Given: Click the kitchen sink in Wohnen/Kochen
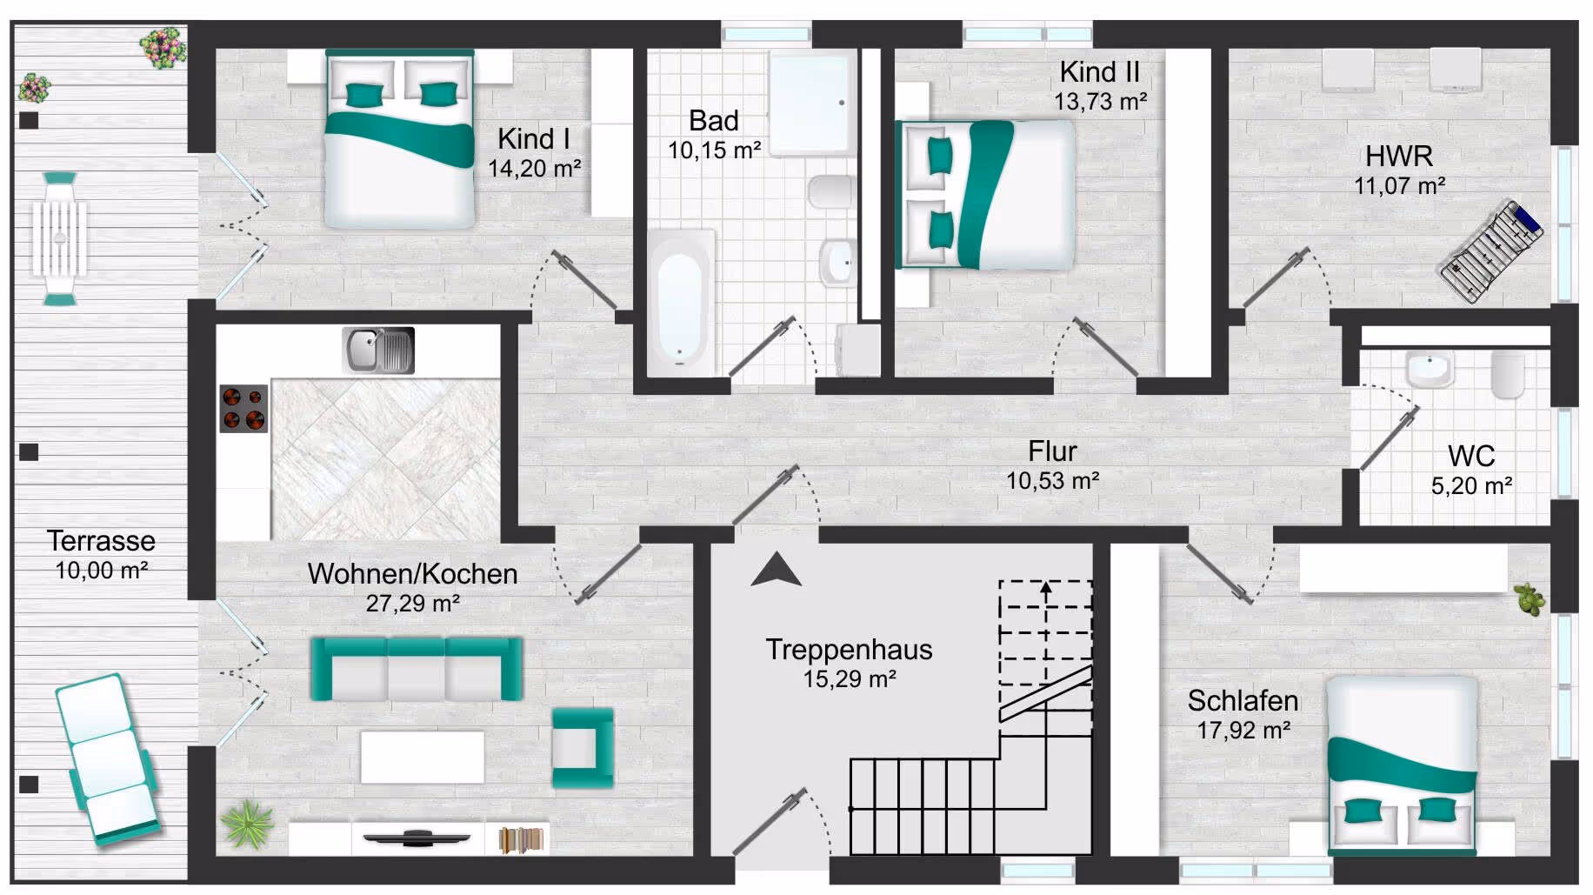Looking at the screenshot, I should (378, 351).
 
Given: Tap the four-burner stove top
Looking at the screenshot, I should (243, 409).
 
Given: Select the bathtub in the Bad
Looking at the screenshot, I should (681, 303).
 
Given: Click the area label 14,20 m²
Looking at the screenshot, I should (534, 169).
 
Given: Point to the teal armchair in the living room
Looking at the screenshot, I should (582, 747).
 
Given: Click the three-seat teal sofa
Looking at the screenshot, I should (417, 669).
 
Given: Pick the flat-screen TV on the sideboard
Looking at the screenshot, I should (417, 838).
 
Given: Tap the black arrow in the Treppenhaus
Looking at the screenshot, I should (776, 570).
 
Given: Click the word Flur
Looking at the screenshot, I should (1052, 451).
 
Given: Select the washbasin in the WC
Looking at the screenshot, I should (1429, 370).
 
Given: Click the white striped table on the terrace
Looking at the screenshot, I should (60, 238).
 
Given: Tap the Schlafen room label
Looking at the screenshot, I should (1243, 701).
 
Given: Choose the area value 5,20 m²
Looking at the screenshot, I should (1471, 486).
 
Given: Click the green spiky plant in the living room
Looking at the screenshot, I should (247, 823).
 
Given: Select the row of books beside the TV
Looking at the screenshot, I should (520, 840).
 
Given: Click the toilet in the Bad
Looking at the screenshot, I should (830, 191).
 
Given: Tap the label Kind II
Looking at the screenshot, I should (1099, 72).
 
